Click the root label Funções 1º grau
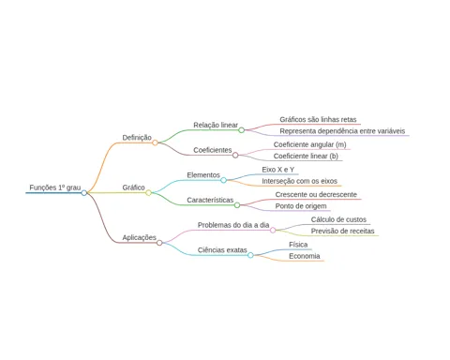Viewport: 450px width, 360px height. (x=55, y=187)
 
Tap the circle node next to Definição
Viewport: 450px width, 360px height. (x=155, y=142)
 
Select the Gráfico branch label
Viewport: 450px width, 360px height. (x=133, y=187)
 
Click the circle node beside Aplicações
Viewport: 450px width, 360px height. (x=159, y=243)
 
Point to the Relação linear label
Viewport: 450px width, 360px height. (x=216, y=125)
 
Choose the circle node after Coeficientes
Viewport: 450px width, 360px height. (x=235, y=156)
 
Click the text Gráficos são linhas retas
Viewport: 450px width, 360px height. (x=318, y=119)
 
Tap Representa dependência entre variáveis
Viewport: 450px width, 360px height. (x=342, y=131)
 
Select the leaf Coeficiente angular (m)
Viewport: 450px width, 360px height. (x=310, y=144)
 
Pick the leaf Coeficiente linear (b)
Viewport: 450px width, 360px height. (x=306, y=156)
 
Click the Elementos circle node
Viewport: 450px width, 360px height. (x=223, y=180)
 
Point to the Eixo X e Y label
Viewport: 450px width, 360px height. (x=278, y=170)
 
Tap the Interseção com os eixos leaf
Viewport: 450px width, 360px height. (x=300, y=181)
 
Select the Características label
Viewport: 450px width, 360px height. (x=210, y=200)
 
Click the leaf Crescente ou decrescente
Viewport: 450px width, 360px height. (x=316, y=194)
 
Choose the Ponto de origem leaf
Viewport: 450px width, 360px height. (x=301, y=206)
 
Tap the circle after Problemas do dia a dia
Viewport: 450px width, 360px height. (x=273, y=231)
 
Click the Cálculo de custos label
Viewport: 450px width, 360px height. (x=338, y=219)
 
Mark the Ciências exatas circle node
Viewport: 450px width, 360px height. (x=250, y=255)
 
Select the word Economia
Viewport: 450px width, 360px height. (x=305, y=256)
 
